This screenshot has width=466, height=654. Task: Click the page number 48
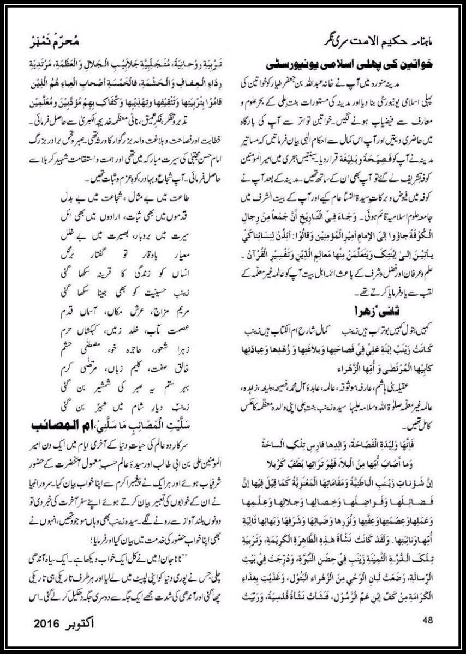427,619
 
